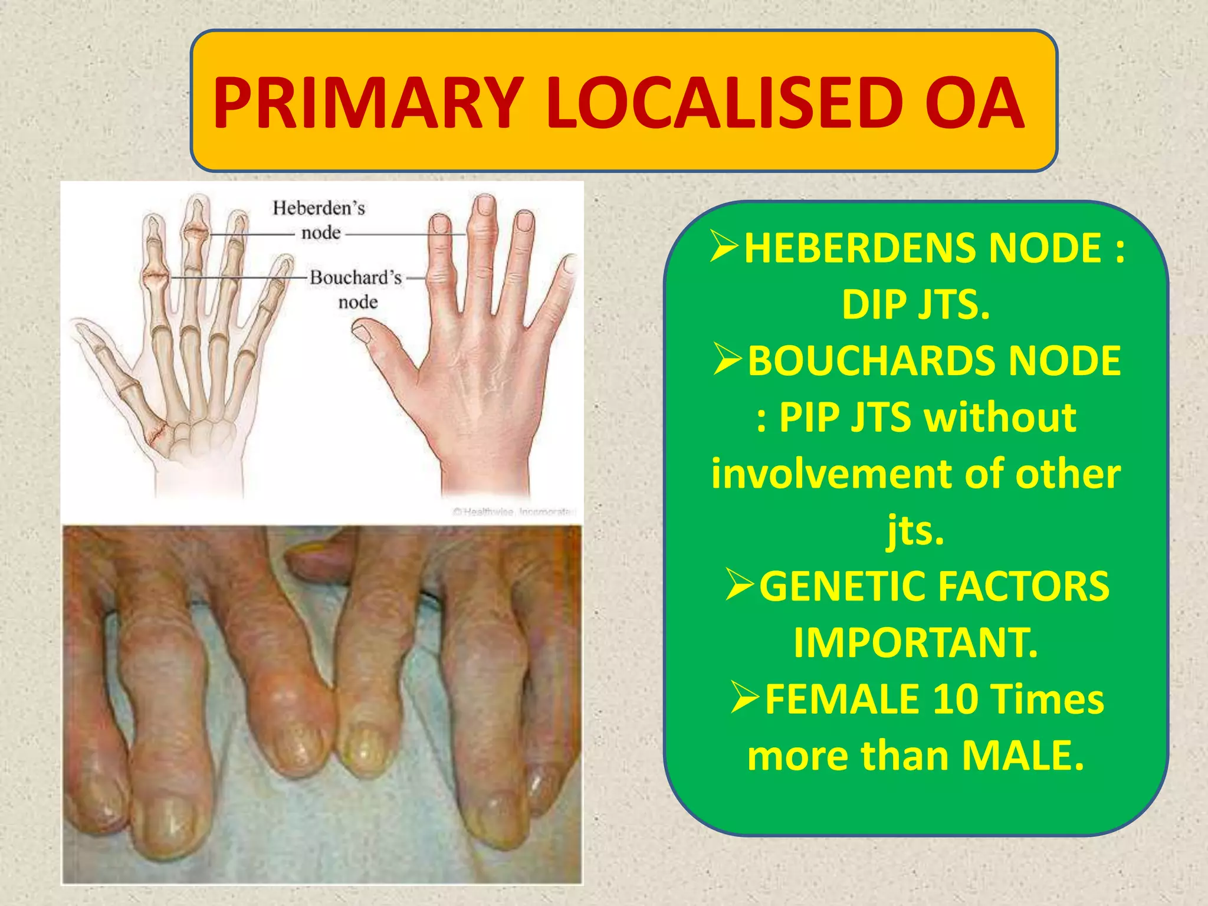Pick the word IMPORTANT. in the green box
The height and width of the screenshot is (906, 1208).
[915, 642]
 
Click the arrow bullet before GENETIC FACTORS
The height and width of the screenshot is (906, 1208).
[740, 585]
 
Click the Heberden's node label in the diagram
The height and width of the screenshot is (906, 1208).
[319, 219]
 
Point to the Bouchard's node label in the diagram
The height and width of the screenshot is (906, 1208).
[356, 289]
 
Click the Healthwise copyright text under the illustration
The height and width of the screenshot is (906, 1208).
[513, 511]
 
